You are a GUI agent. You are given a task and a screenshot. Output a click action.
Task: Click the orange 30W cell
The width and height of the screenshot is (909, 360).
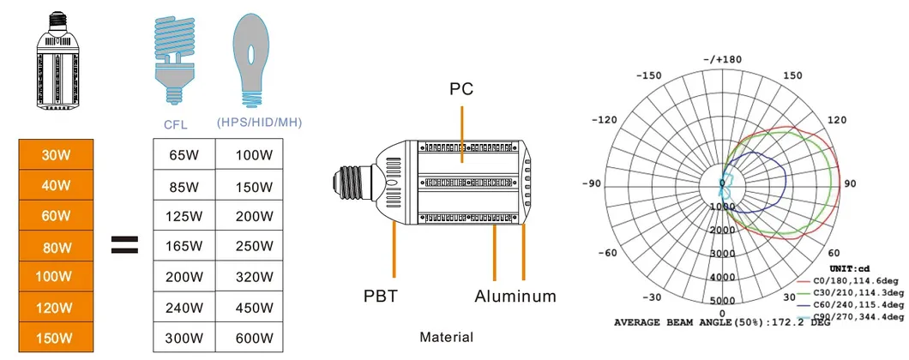[x=56, y=155]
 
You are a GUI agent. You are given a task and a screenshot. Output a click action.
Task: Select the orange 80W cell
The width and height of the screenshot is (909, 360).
[x=56, y=248]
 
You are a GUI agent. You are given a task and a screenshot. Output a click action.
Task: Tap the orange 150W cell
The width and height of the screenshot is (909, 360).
[x=56, y=338]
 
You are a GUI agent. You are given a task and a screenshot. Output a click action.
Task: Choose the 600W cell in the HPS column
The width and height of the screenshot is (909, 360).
[x=253, y=338]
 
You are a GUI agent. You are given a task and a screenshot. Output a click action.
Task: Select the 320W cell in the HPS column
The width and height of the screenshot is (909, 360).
[x=253, y=277]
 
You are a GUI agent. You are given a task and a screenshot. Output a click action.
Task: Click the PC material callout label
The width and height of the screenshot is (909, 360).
[x=461, y=88]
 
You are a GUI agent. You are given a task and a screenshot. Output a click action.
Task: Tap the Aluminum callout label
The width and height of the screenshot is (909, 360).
[x=515, y=296]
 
